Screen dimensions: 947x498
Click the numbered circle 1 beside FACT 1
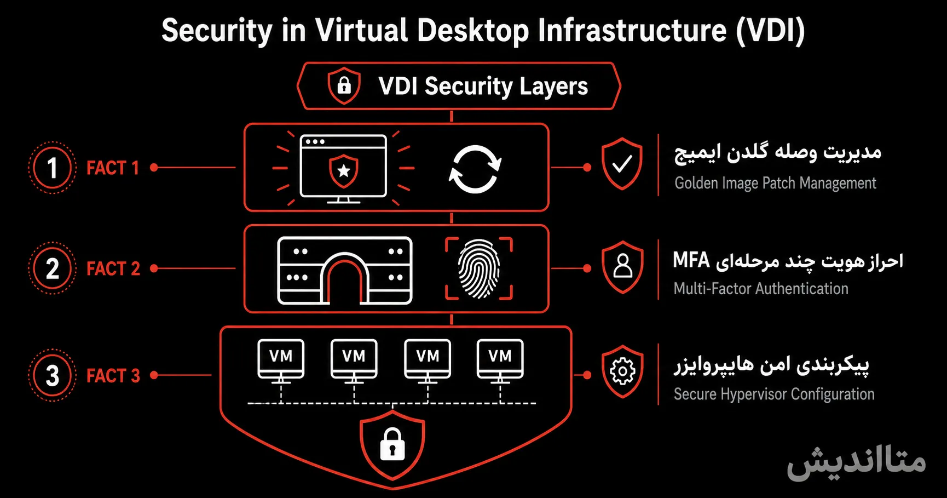click(x=52, y=168)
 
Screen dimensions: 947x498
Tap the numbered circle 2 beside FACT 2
click(x=52, y=268)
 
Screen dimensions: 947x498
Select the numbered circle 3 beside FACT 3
click(x=52, y=375)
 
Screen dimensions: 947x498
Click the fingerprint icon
click(x=479, y=268)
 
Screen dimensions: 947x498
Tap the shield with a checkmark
click(x=622, y=163)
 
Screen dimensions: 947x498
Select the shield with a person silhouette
click(x=622, y=267)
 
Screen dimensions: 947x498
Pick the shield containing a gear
click(x=622, y=371)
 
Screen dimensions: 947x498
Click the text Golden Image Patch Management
click(x=775, y=183)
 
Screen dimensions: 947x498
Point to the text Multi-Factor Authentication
click(x=761, y=289)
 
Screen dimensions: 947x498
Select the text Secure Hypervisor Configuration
click(x=774, y=394)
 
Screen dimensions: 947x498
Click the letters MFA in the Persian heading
click(x=691, y=260)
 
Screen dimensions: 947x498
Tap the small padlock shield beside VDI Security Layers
click(x=344, y=85)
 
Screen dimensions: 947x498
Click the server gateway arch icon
click(x=345, y=270)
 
